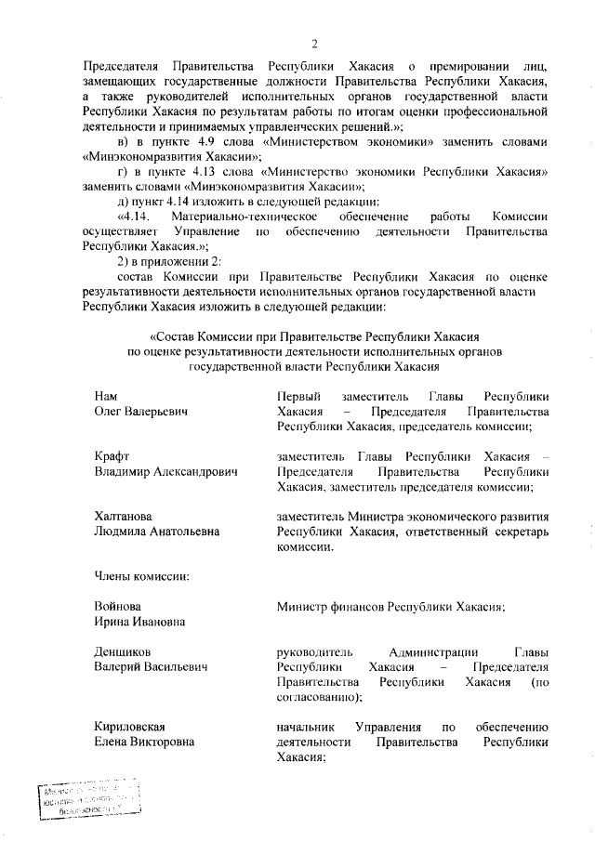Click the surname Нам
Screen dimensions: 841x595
(106, 396)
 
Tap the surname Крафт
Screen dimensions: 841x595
(112, 456)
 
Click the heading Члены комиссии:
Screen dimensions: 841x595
(142, 576)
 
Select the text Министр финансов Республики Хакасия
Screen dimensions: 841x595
(390, 607)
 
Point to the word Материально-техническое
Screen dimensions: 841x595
(245, 215)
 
